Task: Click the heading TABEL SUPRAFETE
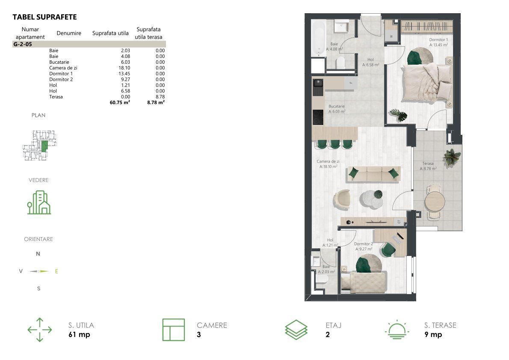[x=44, y=17]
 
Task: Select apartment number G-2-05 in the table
[x=23, y=44]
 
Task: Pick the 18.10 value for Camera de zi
[x=124, y=68]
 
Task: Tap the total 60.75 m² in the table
[x=120, y=102]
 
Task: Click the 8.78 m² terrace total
[x=156, y=102]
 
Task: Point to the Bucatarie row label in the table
[x=59, y=62]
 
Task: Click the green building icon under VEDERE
[x=39, y=202]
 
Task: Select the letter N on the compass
[x=38, y=254]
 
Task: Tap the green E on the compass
[x=56, y=271]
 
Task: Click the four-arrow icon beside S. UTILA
[x=40, y=330]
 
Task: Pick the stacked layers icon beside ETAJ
[x=296, y=330]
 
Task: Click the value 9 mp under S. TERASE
[x=433, y=335]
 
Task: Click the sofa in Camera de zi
[x=374, y=173]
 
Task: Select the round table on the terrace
[x=435, y=202]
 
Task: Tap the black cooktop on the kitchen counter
[x=318, y=117]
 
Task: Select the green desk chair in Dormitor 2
[x=388, y=250]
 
